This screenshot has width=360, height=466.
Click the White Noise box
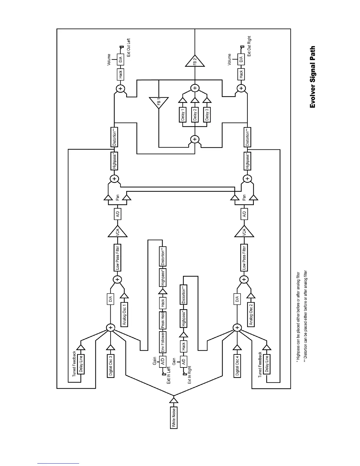point(174,417)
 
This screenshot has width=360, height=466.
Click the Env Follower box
point(163,342)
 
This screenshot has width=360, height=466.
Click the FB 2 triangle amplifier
point(194,62)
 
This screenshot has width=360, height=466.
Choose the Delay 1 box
point(182,114)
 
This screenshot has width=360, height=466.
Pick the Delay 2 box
point(194,114)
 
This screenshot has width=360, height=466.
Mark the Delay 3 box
point(207,114)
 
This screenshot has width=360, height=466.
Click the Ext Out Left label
point(128,47)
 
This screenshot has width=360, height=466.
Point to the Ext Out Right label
point(249,46)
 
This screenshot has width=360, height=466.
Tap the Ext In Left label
point(169,375)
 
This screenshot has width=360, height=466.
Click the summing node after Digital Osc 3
point(111,327)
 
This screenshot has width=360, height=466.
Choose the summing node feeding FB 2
point(194,88)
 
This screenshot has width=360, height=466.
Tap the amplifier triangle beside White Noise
point(174,401)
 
